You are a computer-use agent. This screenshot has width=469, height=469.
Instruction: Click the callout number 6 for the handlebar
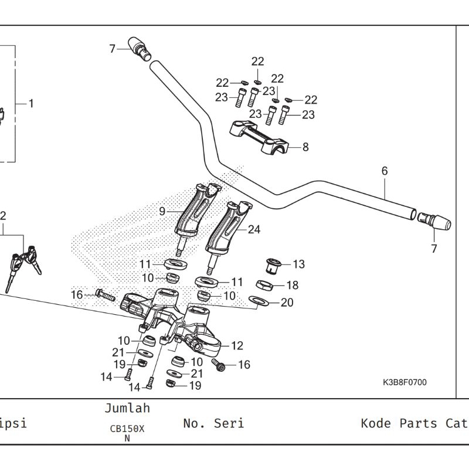point(385,171)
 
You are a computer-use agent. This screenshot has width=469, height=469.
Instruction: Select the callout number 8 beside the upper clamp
point(305,148)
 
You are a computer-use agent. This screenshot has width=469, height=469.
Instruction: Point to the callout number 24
point(254,230)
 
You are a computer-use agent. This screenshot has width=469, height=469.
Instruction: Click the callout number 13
point(298,264)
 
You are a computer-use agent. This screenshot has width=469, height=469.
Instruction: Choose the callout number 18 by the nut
point(292,286)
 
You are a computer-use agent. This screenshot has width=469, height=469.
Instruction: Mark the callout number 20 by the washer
point(287,303)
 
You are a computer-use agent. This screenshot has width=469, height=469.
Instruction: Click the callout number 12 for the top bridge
point(237,346)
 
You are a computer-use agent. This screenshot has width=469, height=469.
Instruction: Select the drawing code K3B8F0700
point(405,383)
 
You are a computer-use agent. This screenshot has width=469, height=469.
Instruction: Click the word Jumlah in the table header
point(127,408)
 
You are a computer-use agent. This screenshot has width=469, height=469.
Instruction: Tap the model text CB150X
point(127,429)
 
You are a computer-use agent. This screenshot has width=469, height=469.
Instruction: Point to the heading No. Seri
point(213,423)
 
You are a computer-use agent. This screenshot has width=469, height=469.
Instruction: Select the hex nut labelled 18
point(264,286)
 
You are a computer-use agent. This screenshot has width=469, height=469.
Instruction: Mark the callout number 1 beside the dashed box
point(31,104)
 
